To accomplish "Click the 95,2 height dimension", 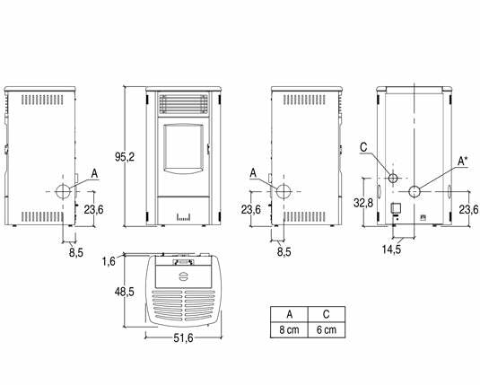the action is coord(125,157).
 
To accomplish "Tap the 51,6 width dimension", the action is coord(183,337).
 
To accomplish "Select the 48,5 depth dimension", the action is coord(125,292).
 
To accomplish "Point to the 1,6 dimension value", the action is coord(109,261).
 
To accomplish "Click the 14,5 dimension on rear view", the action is coord(391,249).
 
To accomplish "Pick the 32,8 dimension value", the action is coord(363,203).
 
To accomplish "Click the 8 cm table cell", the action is coord(289,330).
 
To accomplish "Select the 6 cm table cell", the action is coord(327,330).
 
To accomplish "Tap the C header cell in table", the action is coord(327,314).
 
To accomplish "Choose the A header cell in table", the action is coord(289,314).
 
